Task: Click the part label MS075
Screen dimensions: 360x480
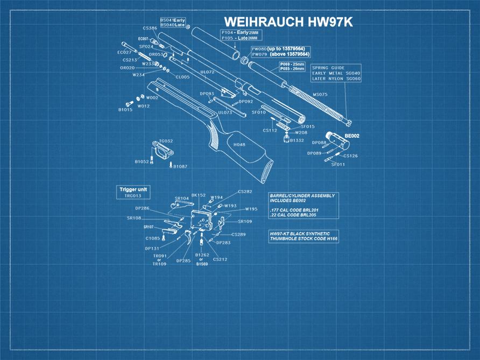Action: (x=320, y=95)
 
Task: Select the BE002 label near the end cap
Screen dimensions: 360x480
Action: (x=352, y=136)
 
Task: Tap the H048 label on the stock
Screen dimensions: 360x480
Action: (x=239, y=145)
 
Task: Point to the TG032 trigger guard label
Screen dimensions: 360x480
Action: (x=166, y=141)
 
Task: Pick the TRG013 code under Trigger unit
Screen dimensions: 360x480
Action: (x=133, y=196)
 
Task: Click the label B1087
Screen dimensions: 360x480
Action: (x=180, y=167)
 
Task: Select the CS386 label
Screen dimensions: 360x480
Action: (x=150, y=28)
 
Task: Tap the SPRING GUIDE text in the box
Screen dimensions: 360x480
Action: (x=328, y=68)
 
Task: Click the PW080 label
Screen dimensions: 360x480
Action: (x=259, y=48)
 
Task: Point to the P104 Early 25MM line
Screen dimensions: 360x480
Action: (x=239, y=32)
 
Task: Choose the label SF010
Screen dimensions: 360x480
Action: (x=259, y=112)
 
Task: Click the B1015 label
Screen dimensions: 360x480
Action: (x=125, y=110)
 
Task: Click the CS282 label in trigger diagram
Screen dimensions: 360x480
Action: (x=245, y=192)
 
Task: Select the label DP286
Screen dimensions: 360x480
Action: (x=142, y=208)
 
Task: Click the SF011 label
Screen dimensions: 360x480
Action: (x=338, y=164)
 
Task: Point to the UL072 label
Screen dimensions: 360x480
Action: (x=208, y=72)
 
